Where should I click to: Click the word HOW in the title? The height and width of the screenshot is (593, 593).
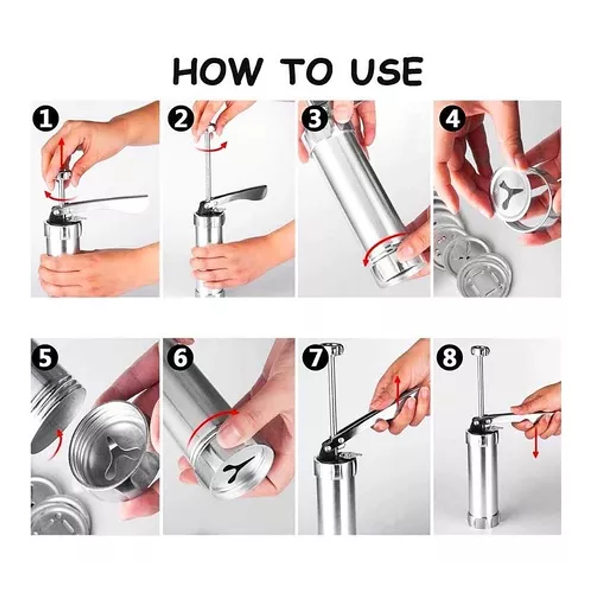click(x=217, y=71)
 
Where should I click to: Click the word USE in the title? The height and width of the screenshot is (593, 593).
click(x=386, y=71)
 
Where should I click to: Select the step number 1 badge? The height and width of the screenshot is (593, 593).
click(x=45, y=119)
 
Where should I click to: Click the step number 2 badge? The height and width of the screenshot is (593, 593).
click(x=181, y=119)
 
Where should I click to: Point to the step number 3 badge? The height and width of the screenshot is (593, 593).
click(x=315, y=119)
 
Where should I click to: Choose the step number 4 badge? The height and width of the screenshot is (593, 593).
click(x=452, y=119)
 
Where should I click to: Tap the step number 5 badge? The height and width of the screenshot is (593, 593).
click(x=45, y=357)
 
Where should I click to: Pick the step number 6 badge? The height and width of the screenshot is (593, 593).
click(x=180, y=357)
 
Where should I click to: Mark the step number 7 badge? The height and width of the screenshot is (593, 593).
click(x=315, y=357)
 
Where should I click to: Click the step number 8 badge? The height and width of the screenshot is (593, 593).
click(x=450, y=357)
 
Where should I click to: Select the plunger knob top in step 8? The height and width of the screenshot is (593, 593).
click(x=480, y=350)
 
